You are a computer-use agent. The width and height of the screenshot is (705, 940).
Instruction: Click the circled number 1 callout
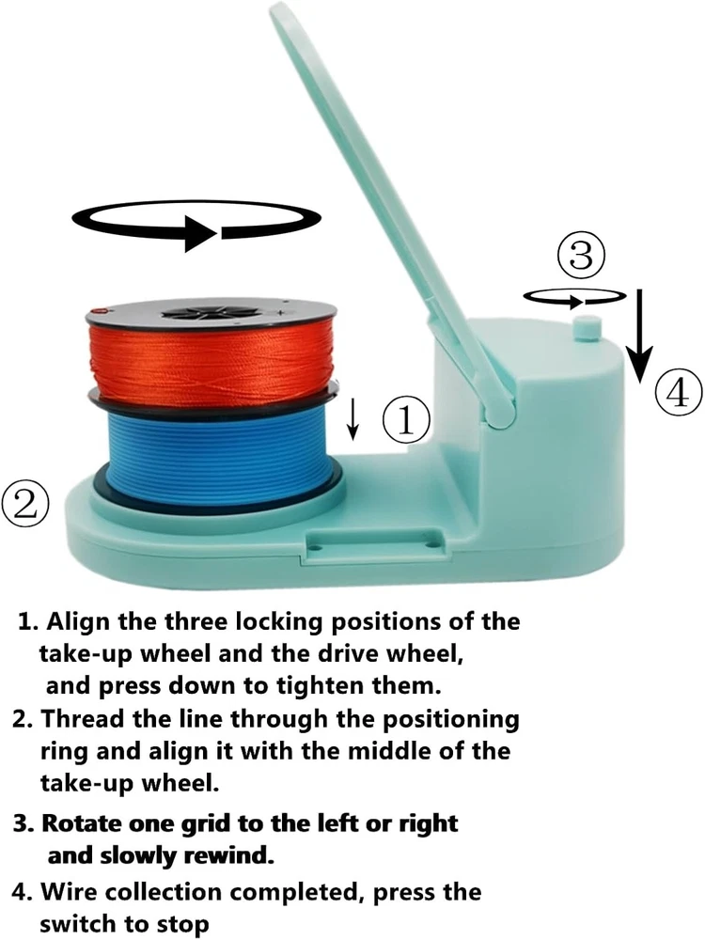tap(406, 419)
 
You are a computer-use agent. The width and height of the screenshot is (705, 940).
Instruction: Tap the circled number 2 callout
tap(24, 504)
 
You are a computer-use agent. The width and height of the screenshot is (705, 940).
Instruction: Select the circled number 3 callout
tap(580, 254)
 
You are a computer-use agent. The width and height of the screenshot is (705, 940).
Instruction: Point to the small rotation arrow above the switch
tap(575, 298)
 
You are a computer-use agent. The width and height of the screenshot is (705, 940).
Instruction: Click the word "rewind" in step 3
tap(227, 855)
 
